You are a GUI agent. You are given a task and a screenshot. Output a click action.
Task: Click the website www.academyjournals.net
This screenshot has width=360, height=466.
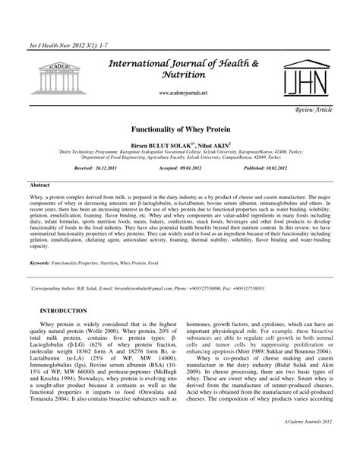click(183, 92)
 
